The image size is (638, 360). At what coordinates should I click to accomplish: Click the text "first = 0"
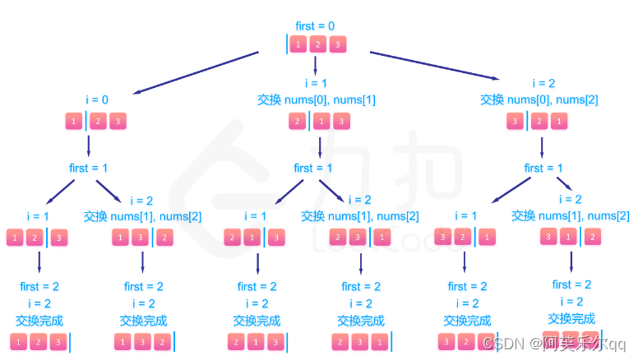click(x=316, y=25)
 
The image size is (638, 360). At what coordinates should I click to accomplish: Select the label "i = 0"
click(x=97, y=100)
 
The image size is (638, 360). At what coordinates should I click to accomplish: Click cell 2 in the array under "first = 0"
click(x=317, y=44)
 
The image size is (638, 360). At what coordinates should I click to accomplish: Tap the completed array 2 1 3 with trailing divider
click(x=257, y=342)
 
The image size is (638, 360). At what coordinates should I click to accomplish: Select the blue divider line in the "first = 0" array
click(x=287, y=44)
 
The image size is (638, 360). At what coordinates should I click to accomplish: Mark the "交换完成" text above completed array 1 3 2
click(x=143, y=321)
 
